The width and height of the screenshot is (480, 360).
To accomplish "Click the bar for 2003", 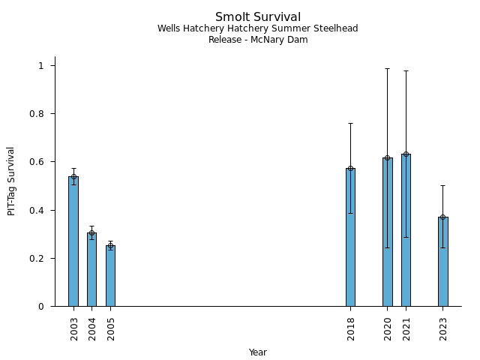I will (x=73, y=241).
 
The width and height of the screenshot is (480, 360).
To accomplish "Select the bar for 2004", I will (x=91, y=269).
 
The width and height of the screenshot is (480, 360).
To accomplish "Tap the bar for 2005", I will (x=110, y=275).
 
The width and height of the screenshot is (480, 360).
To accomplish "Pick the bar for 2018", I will (x=350, y=237).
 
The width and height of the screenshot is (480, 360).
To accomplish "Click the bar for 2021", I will (x=406, y=230).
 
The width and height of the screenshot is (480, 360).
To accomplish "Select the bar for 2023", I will (x=442, y=261).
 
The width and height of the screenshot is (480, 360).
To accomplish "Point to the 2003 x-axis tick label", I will (x=74, y=329).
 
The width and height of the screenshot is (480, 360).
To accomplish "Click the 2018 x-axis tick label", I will (x=351, y=329).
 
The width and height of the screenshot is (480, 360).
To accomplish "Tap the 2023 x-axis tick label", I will (x=443, y=329).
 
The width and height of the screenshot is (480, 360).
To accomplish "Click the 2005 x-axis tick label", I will (x=111, y=329).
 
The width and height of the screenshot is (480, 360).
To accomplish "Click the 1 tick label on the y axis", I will (x=43, y=66).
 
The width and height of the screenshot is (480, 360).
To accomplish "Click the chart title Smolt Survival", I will (x=258, y=17).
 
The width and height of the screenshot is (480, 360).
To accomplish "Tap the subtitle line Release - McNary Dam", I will (x=258, y=40).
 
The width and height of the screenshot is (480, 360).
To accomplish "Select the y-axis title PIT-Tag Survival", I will (x=11, y=181).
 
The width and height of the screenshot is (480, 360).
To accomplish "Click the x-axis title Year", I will (x=258, y=352).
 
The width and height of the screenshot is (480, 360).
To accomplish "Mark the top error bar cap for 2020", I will (x=387, y=68).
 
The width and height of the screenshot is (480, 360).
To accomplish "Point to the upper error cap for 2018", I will (x=350, y=123).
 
